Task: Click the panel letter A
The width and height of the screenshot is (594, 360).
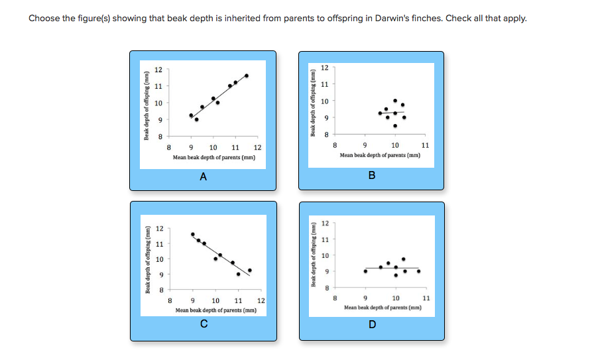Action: tap(204, 176)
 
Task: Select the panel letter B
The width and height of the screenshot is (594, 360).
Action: tap(371, 176)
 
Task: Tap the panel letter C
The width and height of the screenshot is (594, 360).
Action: tap(204, 324)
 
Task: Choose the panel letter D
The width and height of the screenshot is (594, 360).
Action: tap(371, 324)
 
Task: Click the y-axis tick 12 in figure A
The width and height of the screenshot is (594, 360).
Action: tap(158, 70)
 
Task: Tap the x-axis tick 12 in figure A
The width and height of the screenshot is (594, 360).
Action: tap(257, 147)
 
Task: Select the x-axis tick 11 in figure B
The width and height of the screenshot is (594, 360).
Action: tap(425, 145)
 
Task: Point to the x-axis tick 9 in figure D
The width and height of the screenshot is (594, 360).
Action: tap(365, 298)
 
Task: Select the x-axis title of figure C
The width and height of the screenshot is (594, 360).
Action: tap(215, 310)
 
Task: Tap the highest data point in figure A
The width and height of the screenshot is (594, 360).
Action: tap(247, 76)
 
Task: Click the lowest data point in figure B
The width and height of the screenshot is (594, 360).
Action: tap(395, 125)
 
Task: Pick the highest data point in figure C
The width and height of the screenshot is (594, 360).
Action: tap(193, 234)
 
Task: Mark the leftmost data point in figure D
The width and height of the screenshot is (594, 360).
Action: tap(365, 271)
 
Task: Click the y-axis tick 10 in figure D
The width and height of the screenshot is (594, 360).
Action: tap(325, 255)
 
